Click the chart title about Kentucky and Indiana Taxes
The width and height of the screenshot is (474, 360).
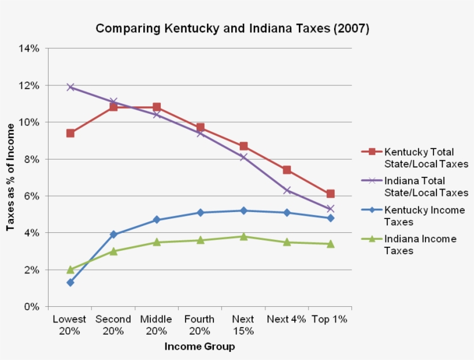pyautogui.click(x=232, y=28)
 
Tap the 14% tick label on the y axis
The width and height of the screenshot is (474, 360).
pyautogui.click(x=29, y=49)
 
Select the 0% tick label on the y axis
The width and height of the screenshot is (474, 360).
pyautogui.click(x=32, y=307)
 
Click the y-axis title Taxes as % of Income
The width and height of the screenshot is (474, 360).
pyautogui.click(x=10, y=177)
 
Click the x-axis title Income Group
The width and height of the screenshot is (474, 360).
pyautogui.click(x=199, y=347)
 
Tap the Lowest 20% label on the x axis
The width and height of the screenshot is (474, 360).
pyautogui.click(x=69, y=325)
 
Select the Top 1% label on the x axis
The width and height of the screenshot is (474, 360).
pyautogui.click(x=329, y=320)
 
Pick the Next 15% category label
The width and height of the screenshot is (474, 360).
pyautogui.click(x=243, y=325)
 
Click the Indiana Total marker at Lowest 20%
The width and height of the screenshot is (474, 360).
pyautogui.click(x=70, y=87)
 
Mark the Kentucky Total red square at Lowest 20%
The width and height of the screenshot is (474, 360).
pyautogui.click(x=70, y=133)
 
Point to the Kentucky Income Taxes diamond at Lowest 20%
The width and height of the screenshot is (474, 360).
pyautogui.click(x=70, y=283)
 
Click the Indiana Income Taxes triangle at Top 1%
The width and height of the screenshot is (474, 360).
pyautogui.click(x=330, y=244)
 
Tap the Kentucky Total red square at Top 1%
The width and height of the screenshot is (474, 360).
pyautogui.click(x=330, y=194)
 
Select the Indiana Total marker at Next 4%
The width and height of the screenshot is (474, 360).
pyautogui.click(x=287, y=190)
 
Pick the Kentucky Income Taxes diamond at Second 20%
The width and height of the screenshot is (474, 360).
pyautogui.click(x=113, y=235)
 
